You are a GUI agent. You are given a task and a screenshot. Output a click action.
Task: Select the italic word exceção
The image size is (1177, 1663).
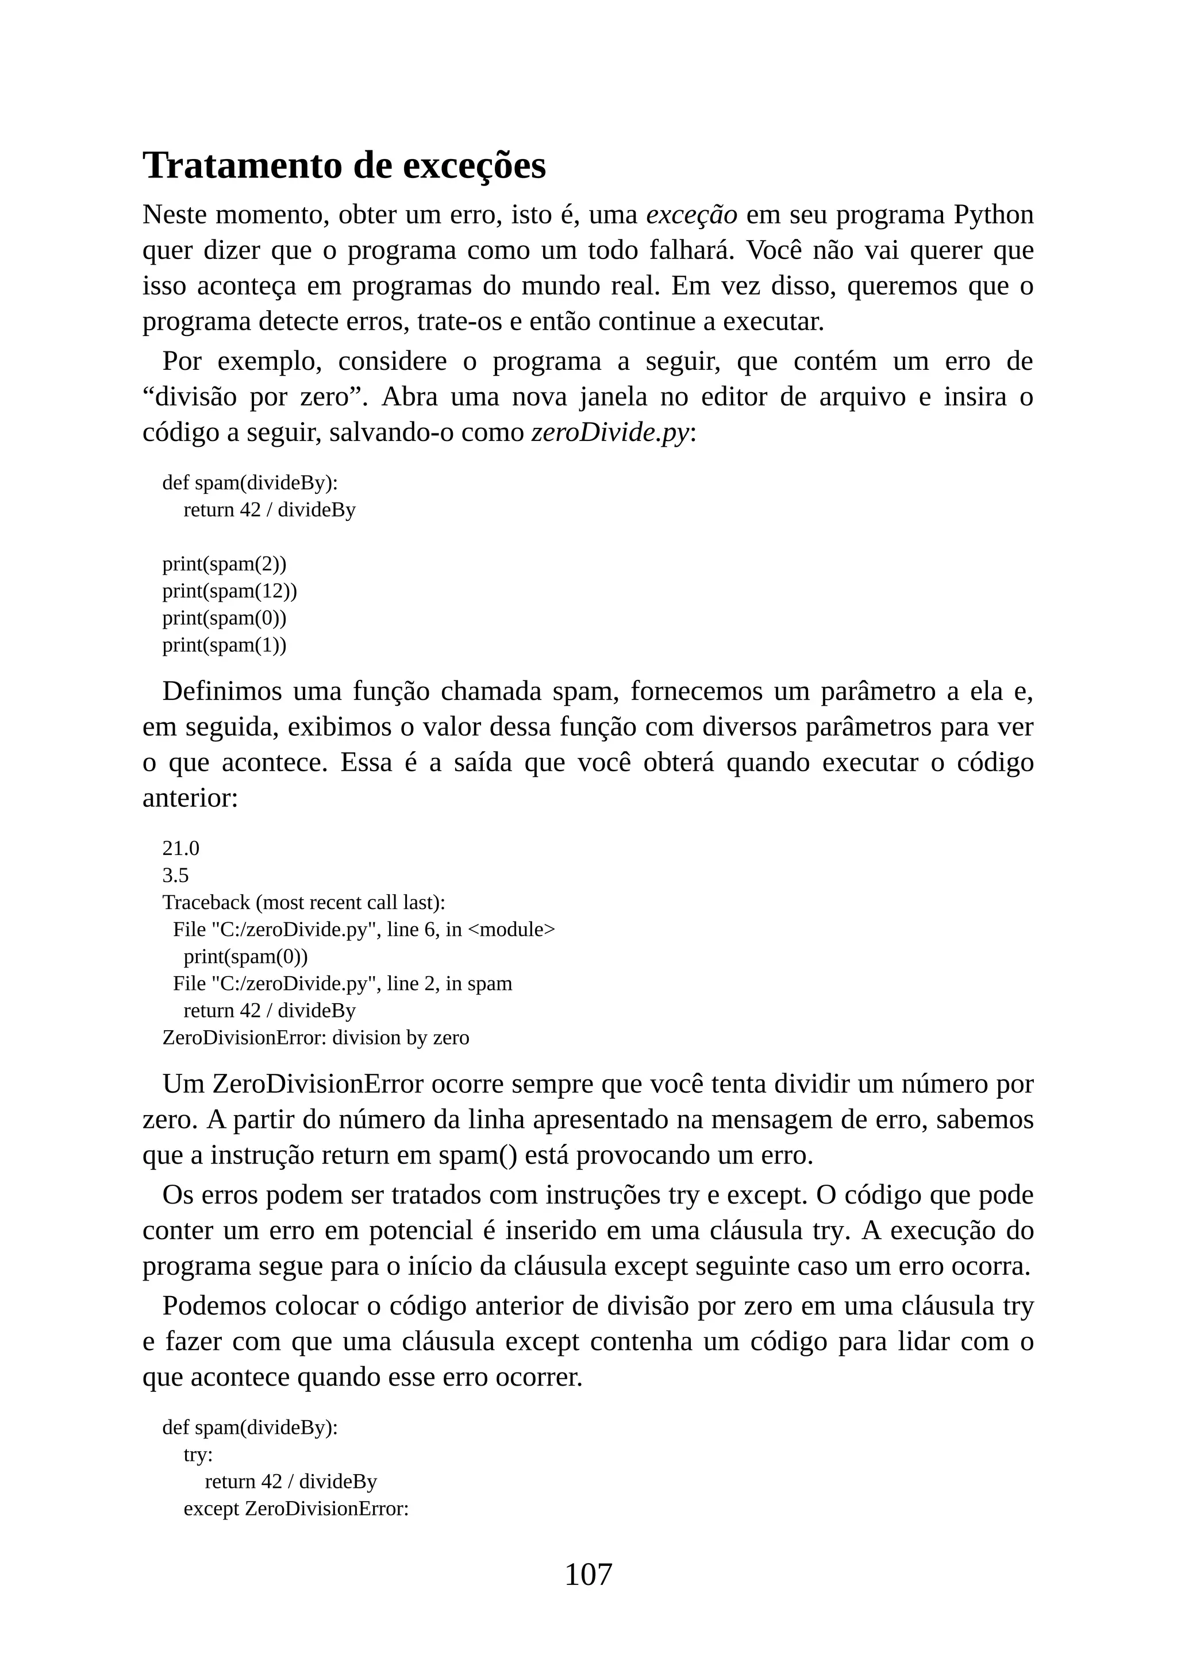(x=691, y=215)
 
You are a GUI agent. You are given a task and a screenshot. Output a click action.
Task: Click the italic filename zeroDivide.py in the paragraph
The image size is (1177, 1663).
(x=610, y=432)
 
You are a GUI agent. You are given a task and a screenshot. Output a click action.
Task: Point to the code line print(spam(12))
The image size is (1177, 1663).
(x=229, y=591)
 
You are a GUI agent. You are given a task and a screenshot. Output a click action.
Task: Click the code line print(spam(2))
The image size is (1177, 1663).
(x=224, y=563)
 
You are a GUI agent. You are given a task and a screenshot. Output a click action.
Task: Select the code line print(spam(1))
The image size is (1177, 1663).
(x=224, y=645)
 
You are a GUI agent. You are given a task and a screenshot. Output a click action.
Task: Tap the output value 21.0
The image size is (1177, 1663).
(x=180, y=848)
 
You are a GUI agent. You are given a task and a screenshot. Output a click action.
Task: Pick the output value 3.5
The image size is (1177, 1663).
(x=175, y=876)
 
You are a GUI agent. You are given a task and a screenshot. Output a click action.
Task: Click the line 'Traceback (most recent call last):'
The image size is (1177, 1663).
(x=303, y=903)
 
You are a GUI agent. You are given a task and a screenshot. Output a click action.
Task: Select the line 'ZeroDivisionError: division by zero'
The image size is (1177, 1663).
(x=316, y=1038)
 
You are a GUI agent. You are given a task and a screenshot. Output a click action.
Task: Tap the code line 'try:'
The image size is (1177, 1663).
(x=198, y=1455)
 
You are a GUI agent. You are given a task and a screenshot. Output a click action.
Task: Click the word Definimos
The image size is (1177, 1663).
(x=222, y=692)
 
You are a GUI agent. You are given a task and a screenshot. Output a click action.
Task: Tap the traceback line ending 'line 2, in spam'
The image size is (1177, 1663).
(x=342, y=984)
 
